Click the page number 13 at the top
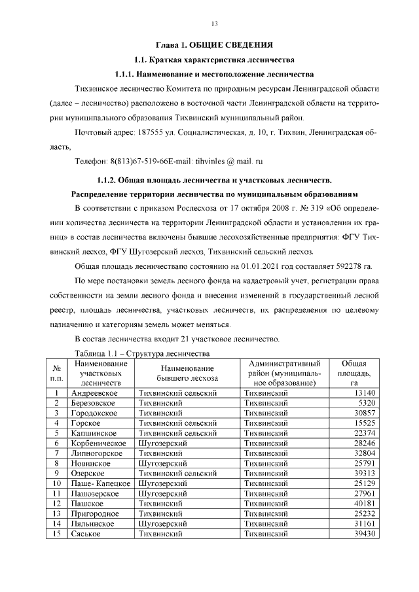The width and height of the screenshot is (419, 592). (x=214, y=24)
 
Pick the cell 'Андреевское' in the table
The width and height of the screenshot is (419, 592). (x=94, y=392)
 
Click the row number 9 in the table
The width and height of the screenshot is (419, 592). (x=57, y=473)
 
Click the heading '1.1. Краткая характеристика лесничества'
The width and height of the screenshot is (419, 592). (x=214, y=60)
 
